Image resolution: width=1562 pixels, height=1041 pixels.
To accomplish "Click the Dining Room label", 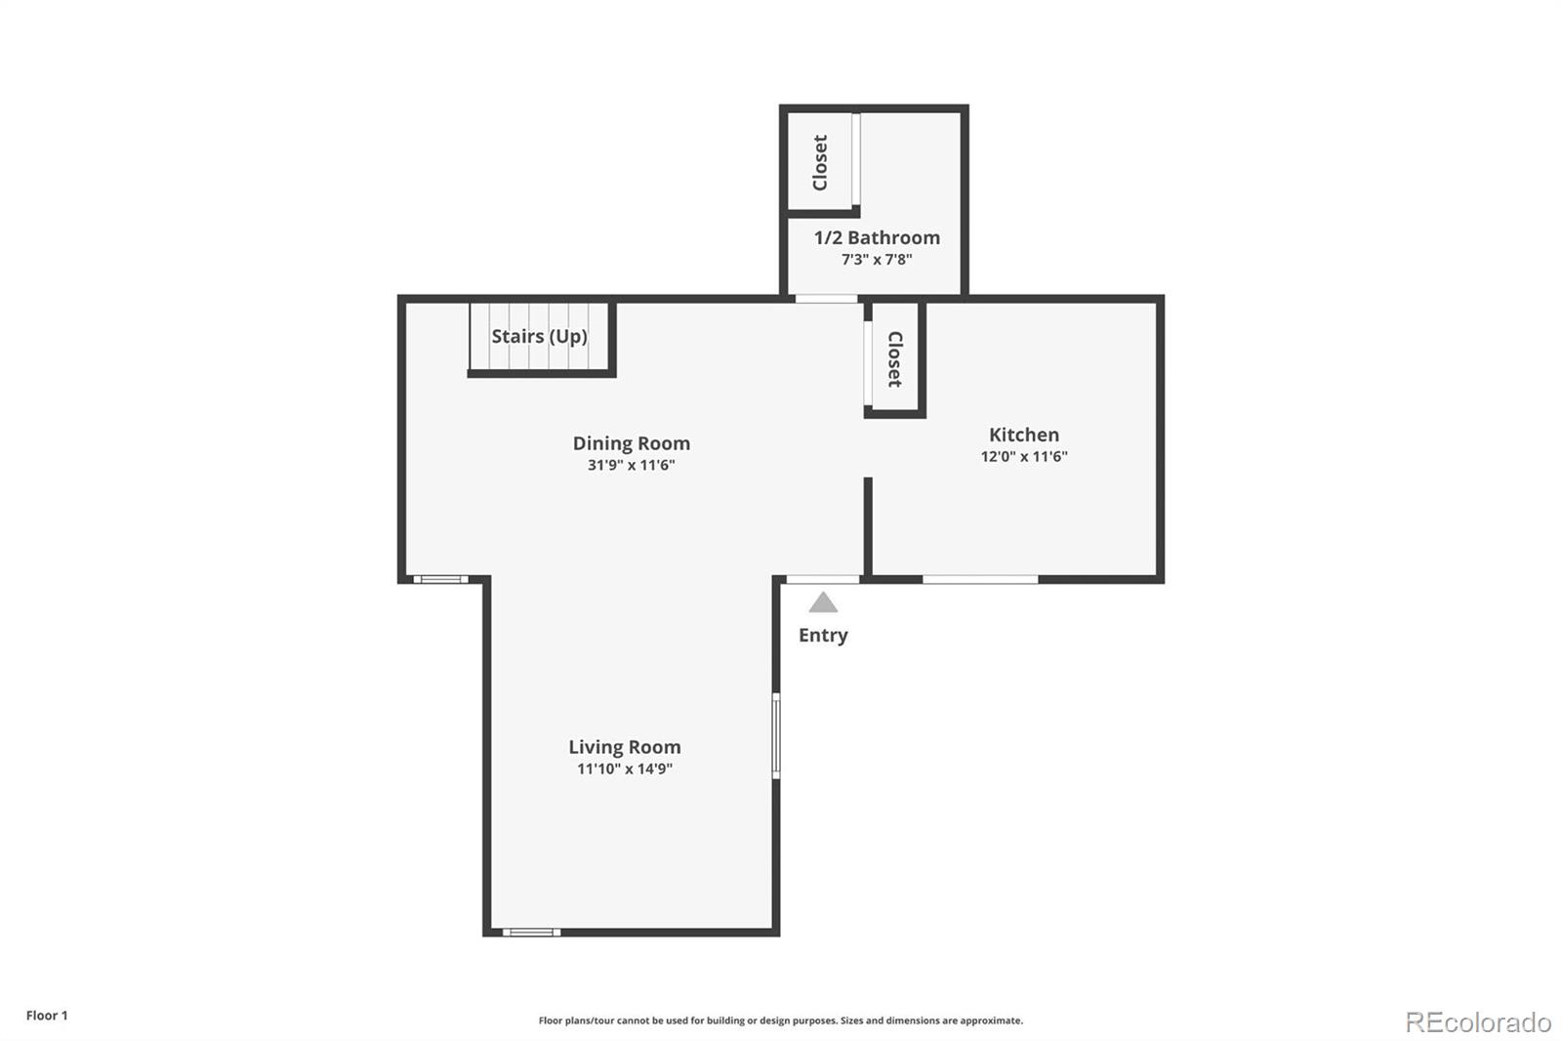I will click(631, 443).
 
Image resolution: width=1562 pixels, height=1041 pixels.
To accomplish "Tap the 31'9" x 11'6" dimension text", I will click(631, 466).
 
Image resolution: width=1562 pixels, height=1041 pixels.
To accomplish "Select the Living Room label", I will click(625, 747).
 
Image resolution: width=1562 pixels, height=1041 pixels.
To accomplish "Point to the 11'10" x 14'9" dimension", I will click(625, 770).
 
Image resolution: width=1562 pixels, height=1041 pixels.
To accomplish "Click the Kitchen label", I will click(1023, 435).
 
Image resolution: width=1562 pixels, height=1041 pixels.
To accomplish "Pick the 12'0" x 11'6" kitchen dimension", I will click(1023, 457).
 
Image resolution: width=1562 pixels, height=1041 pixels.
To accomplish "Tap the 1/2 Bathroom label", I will click(877, 237).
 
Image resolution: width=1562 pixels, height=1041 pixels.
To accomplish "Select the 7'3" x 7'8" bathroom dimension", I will click(877, 260).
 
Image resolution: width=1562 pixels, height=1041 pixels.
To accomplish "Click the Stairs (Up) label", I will click(539, 336).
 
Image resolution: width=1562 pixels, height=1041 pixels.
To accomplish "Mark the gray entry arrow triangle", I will click(823, 604).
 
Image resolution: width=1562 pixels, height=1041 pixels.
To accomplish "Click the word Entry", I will click(823, 636).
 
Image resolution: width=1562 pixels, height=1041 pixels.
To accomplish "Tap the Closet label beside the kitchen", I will click(894, 359).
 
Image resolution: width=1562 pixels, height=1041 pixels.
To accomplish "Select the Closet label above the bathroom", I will click(820, 162).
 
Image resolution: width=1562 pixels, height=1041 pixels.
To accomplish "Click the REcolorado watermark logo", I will click(1477, 1022).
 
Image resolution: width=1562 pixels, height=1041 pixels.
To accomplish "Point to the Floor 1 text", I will click(47, 1016).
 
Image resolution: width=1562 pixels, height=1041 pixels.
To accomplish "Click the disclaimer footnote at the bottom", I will click(781, 1020).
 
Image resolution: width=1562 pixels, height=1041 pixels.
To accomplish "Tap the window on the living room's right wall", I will click(776, 734).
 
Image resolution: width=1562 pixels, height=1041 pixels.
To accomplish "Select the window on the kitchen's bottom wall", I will click(979, 580).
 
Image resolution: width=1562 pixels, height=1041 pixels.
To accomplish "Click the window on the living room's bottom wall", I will click(531, 933).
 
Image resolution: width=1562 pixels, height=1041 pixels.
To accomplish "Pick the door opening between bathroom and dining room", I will click(826, 298).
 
